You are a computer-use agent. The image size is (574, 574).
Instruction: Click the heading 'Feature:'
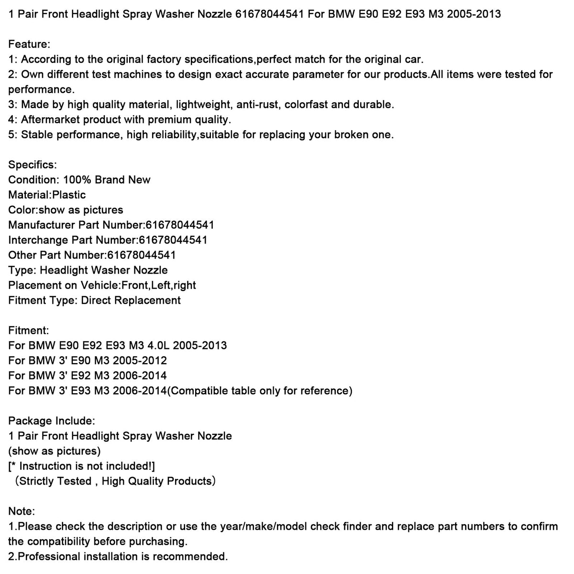[x=29, y=44]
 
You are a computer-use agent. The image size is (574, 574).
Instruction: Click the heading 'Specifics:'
[x=33, y=165]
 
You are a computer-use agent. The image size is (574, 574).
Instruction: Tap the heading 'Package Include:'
[x=52, y=421]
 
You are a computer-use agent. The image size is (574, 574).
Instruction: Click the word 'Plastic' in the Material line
[x=69, y=195]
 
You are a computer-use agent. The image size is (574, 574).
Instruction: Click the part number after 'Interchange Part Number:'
[x=173, y=240]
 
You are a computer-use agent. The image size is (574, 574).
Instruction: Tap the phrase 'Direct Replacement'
[x=131, y=300]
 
